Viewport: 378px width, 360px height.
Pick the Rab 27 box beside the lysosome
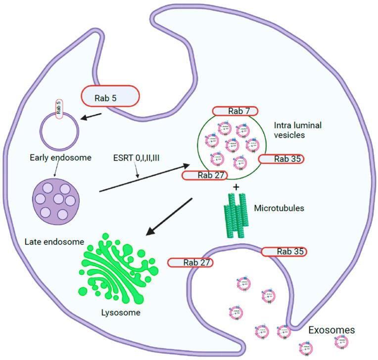[x=190, y=262]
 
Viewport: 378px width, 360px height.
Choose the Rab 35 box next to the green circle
[x=281, y=159]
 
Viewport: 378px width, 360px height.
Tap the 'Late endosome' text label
[x=54, y=241]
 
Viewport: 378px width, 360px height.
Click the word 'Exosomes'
[x=331, y=330]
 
